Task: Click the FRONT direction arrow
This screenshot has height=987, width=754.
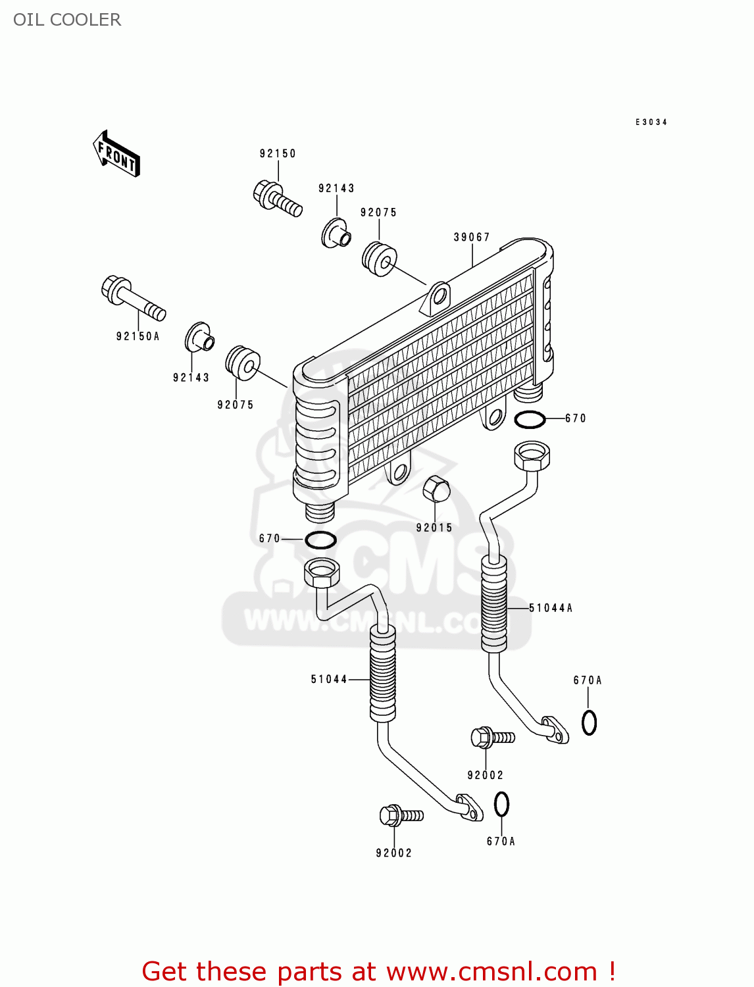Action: coord(116,154)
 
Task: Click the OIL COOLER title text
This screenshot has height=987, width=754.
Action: coord(67,20)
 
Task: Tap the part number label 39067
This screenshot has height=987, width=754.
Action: coord(472,238)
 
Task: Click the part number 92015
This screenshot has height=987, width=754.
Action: coord(434,528)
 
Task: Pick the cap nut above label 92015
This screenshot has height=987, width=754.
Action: coord(436,489)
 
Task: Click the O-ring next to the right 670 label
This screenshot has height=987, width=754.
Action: coord(530,419)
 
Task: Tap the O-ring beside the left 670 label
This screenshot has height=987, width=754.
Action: coord(320,540)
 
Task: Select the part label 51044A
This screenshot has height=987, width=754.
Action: coord(551,608)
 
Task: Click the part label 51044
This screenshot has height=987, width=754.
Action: coord(329,679)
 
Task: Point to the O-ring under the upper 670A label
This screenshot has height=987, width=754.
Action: coord(589,722)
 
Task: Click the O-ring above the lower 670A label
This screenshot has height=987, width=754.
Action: coord(501,804)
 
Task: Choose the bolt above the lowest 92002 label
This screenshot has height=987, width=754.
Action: coord(401,816)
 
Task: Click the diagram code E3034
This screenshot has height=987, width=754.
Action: coord(651,122)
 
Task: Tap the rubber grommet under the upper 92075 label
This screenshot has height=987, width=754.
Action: coord(380,259)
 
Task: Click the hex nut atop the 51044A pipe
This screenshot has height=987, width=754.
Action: coord(532,455)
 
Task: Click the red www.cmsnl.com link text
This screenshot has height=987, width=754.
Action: coord(491,971)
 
